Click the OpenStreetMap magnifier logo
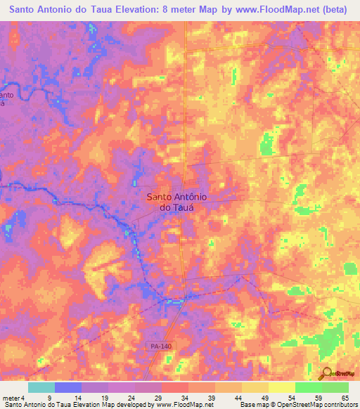(x=326, y=373)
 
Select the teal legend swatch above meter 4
(x=41, y=387)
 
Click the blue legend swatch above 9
(x=68, y=387)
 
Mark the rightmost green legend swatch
(x=335, y=387)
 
